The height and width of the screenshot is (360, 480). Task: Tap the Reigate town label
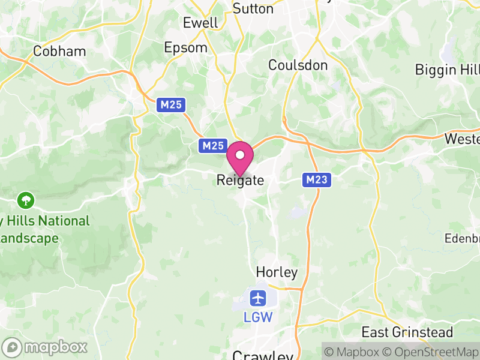[240, 180]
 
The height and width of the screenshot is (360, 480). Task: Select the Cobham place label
[60, 51]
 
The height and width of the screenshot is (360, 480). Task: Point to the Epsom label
[186, 47]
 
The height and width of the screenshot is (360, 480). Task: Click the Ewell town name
[200, 23]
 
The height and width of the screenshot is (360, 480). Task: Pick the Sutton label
[253, 8]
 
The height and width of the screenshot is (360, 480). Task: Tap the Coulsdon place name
[298, 65]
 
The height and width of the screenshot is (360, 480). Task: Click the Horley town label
[277, 272]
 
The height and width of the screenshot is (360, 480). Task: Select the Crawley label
[262, 355]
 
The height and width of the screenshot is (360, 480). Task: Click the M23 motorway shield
[316, 179]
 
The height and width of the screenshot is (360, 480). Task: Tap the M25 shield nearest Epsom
[171, 105]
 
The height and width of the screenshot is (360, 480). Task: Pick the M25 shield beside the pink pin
[213, 145]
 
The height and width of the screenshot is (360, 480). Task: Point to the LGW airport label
[259, 317]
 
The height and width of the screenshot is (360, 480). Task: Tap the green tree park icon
[26, 199]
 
